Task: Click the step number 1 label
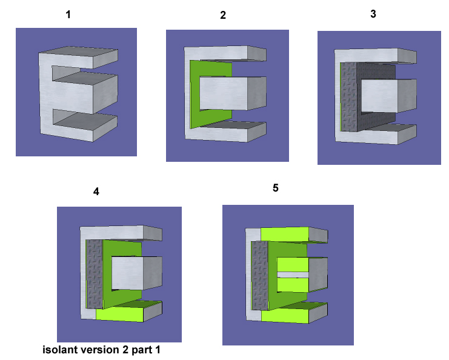[68, 15]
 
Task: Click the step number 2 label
[223, 15]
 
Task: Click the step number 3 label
[373, 14]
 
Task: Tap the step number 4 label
[96, 192]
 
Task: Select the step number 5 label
[276, 188]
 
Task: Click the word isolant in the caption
[60, 350]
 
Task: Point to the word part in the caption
[142, 350]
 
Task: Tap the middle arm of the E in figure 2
[233, 93]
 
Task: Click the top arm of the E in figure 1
[78, 58]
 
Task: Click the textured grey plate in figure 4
[94, 275]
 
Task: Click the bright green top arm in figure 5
[285, 235]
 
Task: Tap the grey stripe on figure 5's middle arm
[293, 275]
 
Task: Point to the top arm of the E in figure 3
[375, 56]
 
